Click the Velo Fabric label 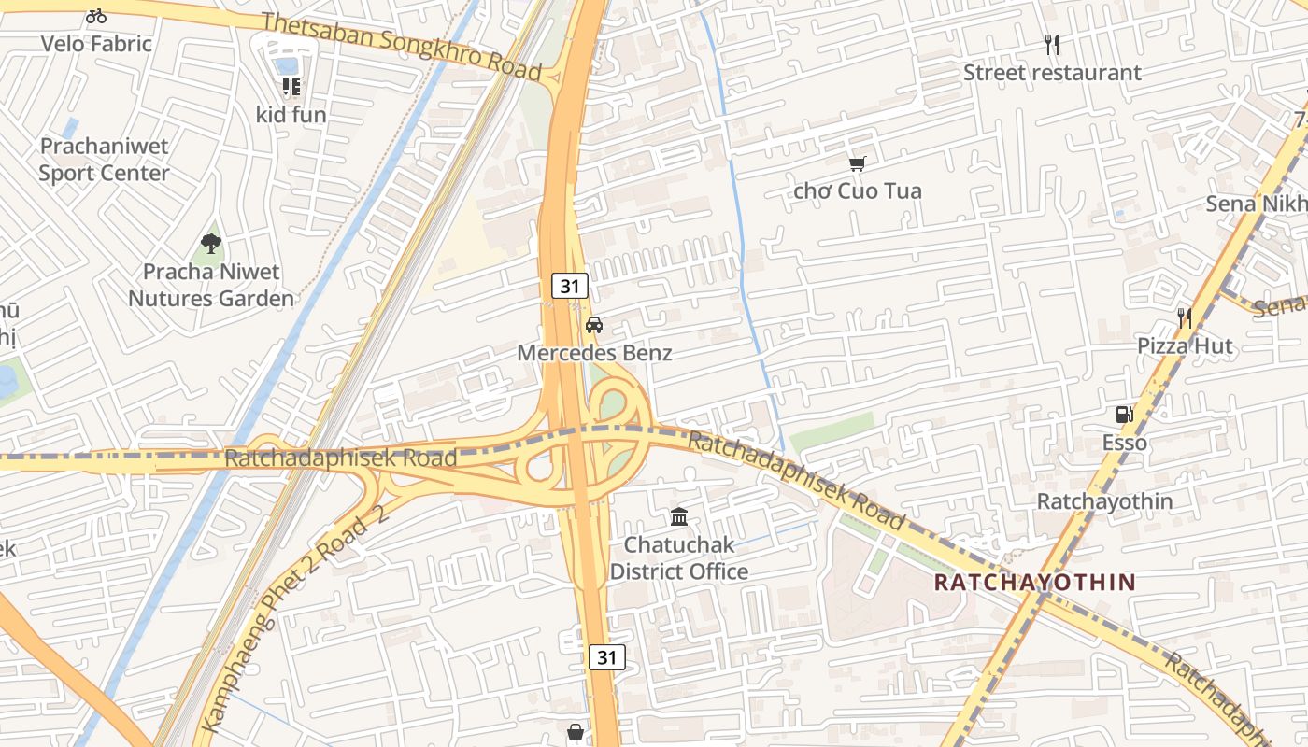pos(96,43)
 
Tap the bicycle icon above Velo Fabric pos(96,16)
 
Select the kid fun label pos(291,115)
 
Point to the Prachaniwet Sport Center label pos(104,160)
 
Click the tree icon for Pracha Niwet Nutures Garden pos(211,244)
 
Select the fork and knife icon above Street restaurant pos(1052,45)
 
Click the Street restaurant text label pos(1052,73)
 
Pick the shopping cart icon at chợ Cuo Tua pos(857,163)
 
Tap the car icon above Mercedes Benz pos(594,325)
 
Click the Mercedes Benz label pos(594,353)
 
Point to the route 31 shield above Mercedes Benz pos(569,287)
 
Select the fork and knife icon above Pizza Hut pos(1185,318)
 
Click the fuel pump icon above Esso pos(1124,415)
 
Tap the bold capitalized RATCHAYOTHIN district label pos(1035,583)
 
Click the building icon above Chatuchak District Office pos(679,516)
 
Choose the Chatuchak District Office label pos(679,557)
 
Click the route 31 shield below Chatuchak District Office pos(607,657)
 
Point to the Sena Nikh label pos(1256,204)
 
